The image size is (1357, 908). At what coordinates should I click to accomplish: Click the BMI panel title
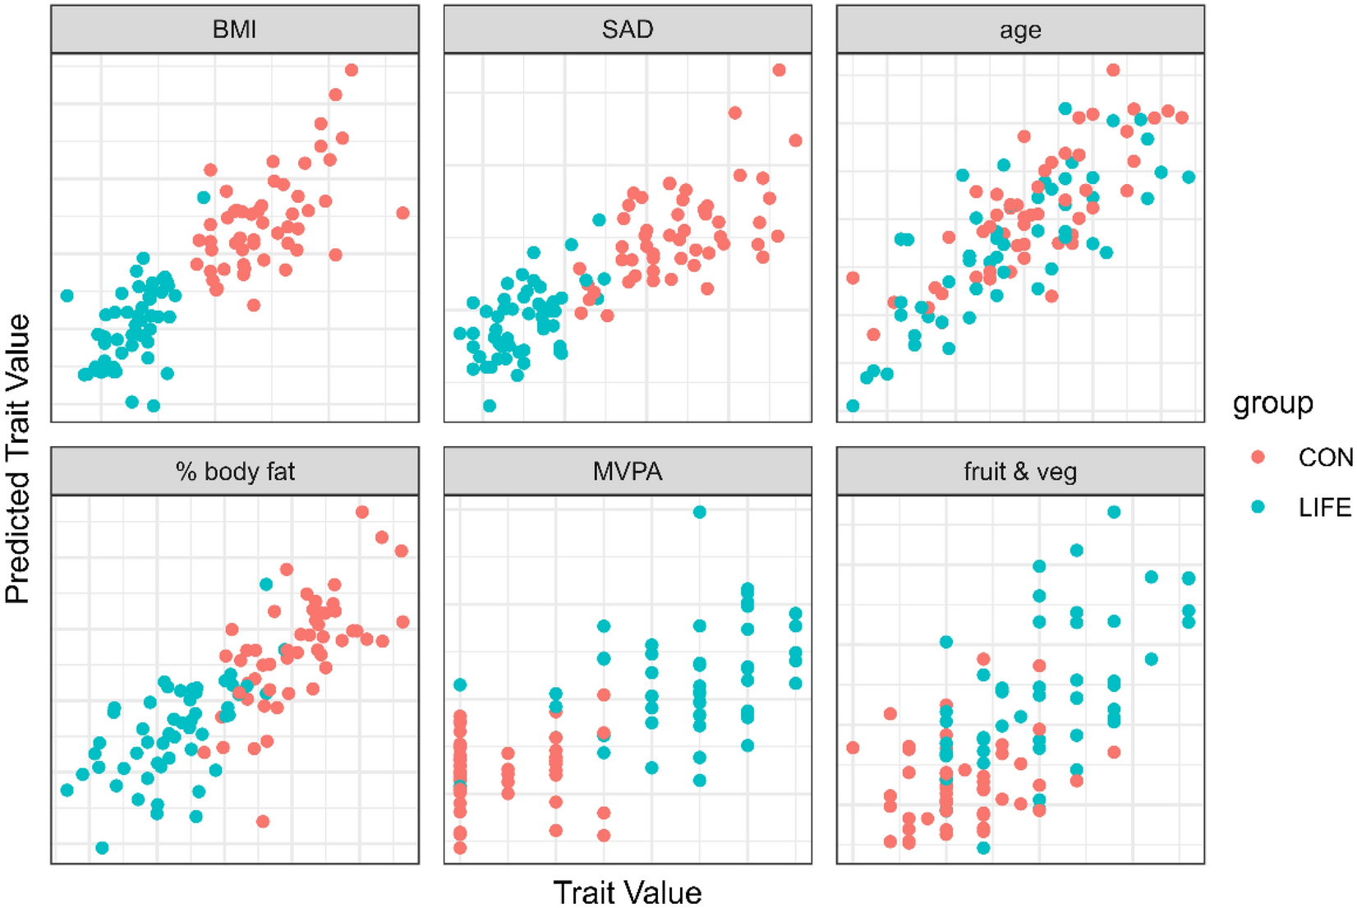click(234, 30)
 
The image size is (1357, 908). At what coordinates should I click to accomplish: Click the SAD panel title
click(628, 30)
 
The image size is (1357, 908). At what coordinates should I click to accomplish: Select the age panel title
click(1020, 30)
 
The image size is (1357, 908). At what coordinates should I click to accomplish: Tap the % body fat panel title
click(234, 472)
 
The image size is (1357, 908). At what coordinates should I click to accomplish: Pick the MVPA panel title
click(628, 472)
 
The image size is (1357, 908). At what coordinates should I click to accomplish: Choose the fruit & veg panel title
click(1020, 472)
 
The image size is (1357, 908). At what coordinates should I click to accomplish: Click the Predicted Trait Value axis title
click(18, 459)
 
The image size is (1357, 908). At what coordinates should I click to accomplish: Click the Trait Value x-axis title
click(628, 892)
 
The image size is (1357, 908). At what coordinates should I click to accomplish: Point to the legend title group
click(1272, 403)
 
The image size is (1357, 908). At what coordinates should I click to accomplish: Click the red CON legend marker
click(1258, 457)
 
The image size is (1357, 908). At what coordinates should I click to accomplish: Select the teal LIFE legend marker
click(1258, 507)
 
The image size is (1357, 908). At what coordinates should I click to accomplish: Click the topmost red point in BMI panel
click(352, 70)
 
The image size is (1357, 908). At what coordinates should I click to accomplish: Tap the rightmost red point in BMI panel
click(402, 213)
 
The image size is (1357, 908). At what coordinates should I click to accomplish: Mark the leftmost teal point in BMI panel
click(67, 295)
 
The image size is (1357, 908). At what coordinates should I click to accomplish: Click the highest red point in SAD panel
click(779, 70)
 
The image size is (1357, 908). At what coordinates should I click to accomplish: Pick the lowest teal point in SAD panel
click(490, 405)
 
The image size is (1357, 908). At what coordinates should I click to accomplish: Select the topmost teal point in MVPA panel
click(700, 512)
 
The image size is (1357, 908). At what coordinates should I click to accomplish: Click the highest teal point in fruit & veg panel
click(1114, 512)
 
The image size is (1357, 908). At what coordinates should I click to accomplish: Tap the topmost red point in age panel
click(1113, 70)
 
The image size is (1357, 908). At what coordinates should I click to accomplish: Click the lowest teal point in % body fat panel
click(102, 847)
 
